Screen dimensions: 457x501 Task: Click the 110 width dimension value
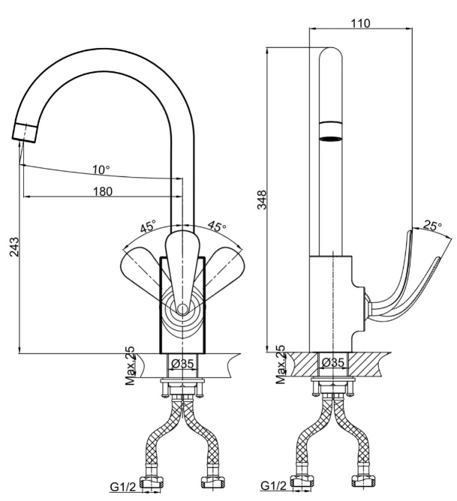[x=360, y=23]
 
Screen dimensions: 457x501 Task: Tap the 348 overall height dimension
[x=262, y=199]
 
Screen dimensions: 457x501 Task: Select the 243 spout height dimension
[x=14, y=247]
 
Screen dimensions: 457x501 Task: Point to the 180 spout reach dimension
[x=103, y=191]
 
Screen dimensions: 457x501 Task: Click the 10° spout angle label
[x=101, y=169]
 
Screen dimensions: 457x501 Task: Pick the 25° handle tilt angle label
[x=432, y=226]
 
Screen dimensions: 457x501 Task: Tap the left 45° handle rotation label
[x=149, y=226]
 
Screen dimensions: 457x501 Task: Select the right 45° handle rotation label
[x=217, y=226]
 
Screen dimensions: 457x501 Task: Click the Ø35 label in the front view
[x=182, y=364]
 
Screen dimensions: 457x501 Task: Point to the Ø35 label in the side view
[x=333, y=362]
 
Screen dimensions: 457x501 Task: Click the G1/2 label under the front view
[x=123, y=487]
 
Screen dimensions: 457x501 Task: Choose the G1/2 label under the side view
[x=274, y=486]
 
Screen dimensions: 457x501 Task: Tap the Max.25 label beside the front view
[x=130, y=366]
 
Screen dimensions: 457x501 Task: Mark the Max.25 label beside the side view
[x=280, y=364]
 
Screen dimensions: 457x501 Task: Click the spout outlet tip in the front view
[x=25, y=133]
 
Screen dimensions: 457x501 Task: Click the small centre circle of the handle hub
[x=182, y=309]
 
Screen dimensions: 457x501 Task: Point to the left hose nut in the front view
[x=152, y=484]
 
